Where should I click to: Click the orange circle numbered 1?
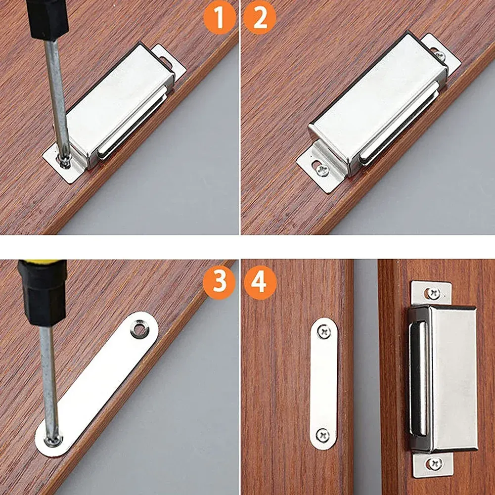pos(220,17)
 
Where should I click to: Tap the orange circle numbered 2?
pos(260,17)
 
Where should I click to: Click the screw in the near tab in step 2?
pos(322,170)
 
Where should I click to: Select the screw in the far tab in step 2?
pos(440,56)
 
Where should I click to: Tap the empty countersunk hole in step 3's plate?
pos(140,329)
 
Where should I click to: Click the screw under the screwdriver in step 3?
pos(52,441)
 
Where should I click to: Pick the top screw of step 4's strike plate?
pos(323,332)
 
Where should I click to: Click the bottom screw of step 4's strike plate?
pos(322,436)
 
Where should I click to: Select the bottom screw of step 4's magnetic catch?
pos(435,463)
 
